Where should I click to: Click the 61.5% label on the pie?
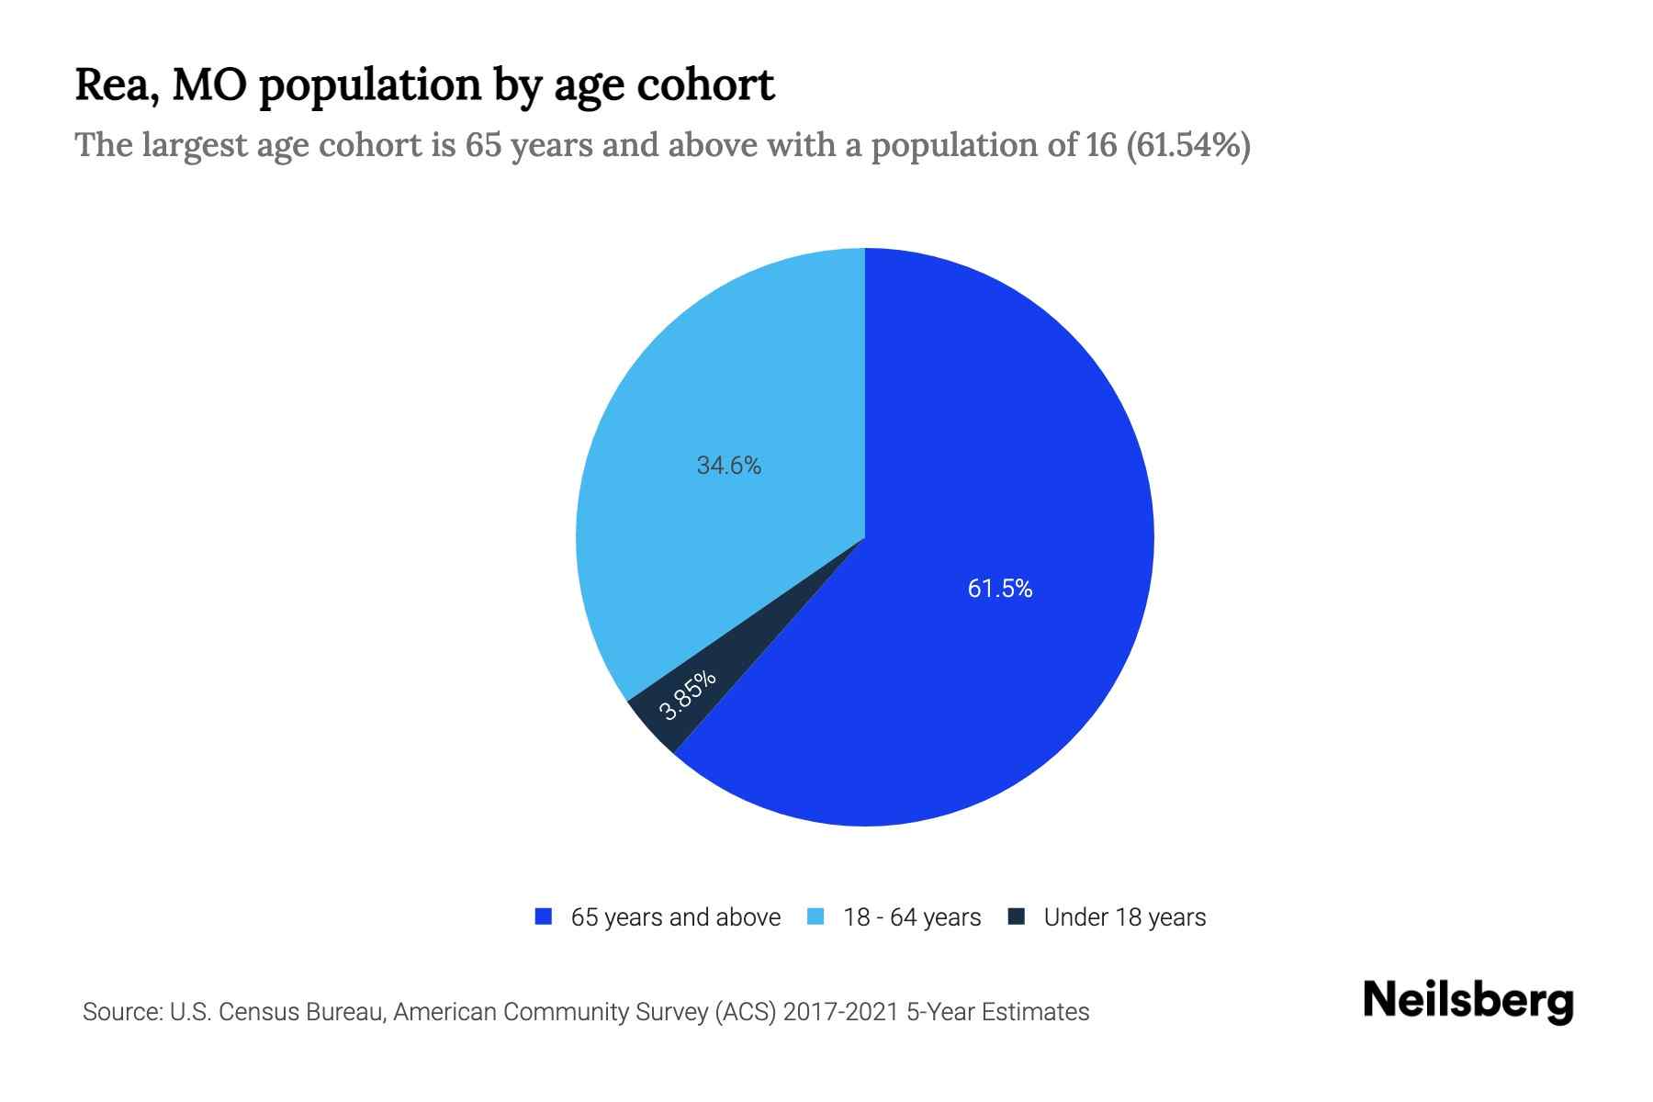coord(1000,589)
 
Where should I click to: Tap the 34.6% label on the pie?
coord(729,466)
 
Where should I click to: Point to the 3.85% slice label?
coord(687,695)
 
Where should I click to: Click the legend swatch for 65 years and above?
coord(544,916)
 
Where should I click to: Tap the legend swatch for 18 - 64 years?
coord(815,916)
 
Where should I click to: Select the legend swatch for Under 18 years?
coord(1017,916)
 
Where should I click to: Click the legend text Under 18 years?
coord(1125,917)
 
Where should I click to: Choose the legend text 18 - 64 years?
coord(912,917)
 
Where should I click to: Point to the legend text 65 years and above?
coord(676,917)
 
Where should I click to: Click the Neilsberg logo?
coord(1468,1001)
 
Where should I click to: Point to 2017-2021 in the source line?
coord(841,1012)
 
